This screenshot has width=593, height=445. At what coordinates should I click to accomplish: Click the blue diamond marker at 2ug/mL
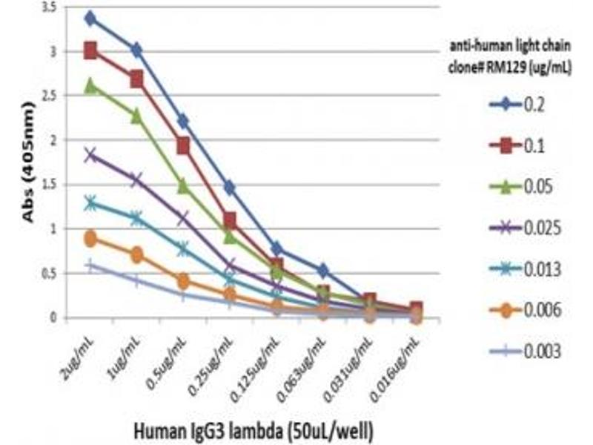point(90,19)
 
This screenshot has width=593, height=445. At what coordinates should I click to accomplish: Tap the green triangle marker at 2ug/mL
point(90,86)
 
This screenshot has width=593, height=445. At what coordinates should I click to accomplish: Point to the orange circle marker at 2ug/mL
point(90,239)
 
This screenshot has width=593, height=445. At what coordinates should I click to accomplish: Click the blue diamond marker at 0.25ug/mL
point(229,188)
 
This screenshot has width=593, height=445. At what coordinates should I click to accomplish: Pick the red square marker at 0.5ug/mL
point(183,146)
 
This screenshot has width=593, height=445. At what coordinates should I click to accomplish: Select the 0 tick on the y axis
point(70,318)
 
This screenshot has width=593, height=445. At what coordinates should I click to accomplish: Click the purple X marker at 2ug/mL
point(90,155)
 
